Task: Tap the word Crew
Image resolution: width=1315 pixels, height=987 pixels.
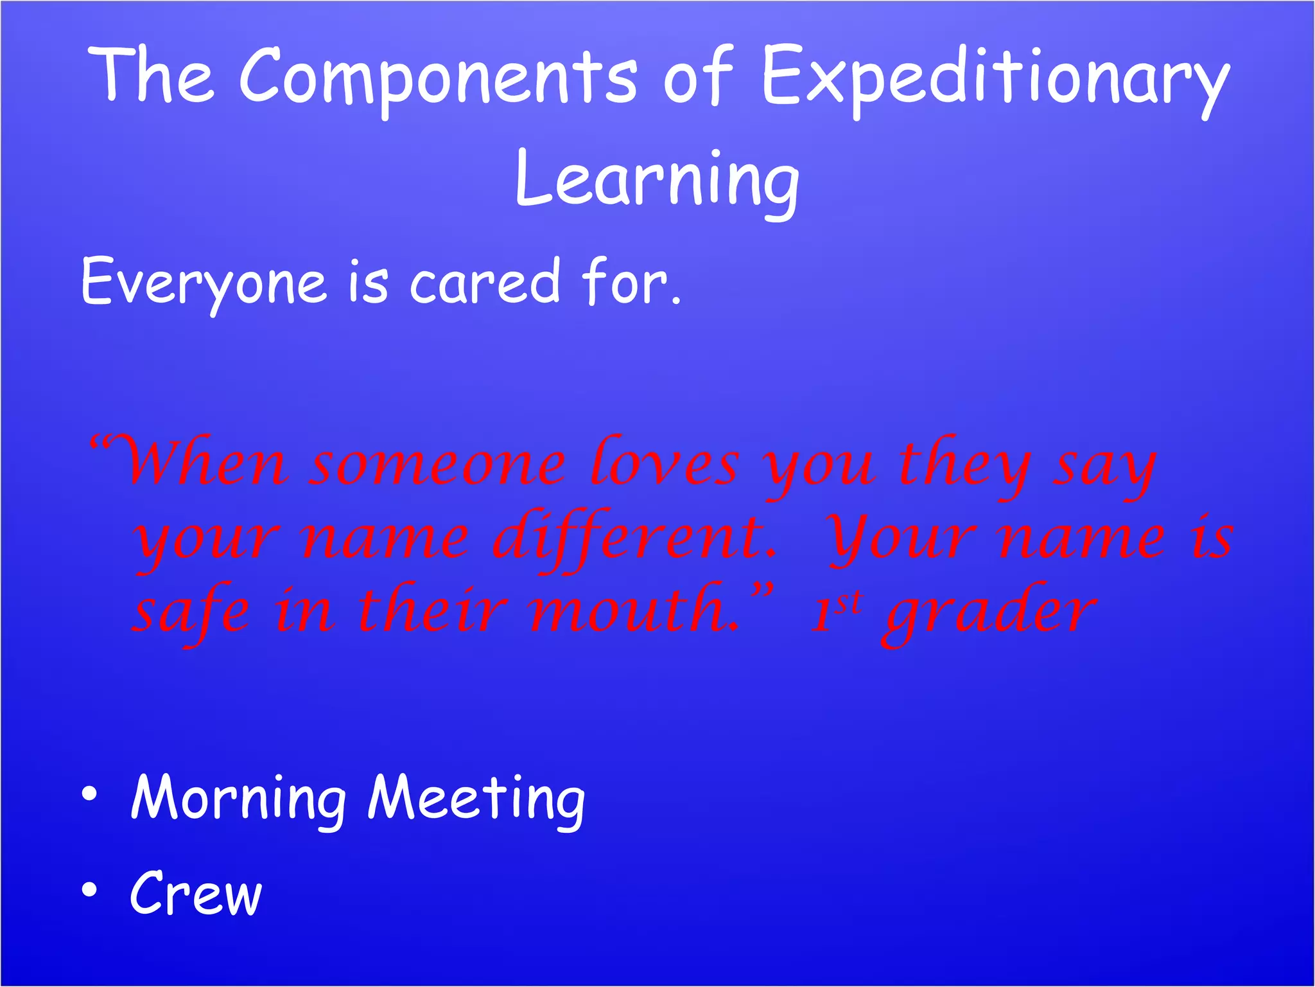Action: [x=196, y=893]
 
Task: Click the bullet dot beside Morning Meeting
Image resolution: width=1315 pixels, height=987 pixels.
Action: [x=89, y=795]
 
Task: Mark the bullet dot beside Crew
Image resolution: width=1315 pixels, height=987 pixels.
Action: [x=89, y=890]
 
